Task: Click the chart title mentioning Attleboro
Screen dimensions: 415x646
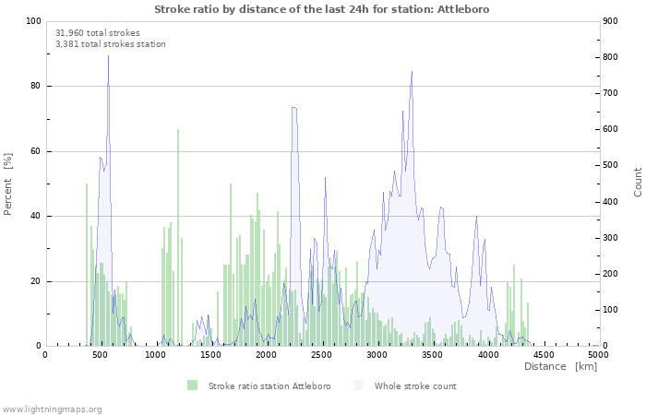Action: click(322, 9)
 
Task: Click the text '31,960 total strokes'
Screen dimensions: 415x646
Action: click(98, 32)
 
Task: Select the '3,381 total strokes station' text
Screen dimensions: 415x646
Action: click(111, 43)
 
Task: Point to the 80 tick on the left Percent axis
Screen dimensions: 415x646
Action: click(35, 87)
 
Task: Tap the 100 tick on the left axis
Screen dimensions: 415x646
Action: click(33, 21)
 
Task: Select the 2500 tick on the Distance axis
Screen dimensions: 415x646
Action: click(322, 354)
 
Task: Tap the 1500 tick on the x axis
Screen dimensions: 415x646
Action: click(211, 354)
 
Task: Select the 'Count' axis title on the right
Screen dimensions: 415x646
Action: click(638, 182)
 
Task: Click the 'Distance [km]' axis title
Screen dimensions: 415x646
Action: click(560, 367)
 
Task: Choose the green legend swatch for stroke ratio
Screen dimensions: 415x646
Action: click(192, 385)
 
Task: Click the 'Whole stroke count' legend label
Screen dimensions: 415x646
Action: click(415, 385)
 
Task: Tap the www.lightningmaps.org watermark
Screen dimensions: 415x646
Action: click(52, 409)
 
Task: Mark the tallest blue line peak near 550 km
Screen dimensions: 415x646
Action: click(108, 56)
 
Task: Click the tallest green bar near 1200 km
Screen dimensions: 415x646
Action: click(178, 129)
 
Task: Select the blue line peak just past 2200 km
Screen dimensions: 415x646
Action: click(293, 108)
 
